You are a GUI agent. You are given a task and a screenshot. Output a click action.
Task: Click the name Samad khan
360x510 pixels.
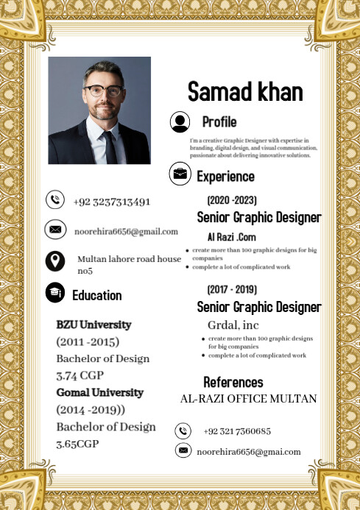[x=245, y=91]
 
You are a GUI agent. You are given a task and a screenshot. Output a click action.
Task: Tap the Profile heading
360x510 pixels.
[x=219, y=122]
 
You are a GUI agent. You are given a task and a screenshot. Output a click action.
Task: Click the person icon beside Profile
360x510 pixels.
[x=180, y=122]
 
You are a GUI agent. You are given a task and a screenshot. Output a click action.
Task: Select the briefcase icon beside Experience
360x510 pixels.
[x=180, y=174]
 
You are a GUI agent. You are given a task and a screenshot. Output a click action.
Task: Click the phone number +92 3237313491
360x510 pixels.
[x=111, y=201]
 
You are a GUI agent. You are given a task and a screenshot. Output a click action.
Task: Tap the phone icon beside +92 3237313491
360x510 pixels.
[x=54, y=199]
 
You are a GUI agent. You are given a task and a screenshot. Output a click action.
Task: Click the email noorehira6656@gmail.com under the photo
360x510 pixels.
[x=126, y=231]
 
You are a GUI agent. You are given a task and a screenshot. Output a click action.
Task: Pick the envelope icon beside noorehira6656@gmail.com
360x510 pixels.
[x=54, y=230]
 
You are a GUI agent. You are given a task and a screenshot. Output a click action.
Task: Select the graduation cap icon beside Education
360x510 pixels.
[x=54, y=293]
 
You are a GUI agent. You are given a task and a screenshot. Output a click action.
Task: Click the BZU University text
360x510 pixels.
[x=93, y=325]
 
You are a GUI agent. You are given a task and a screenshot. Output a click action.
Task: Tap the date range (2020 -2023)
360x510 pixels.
[x=231, y=200]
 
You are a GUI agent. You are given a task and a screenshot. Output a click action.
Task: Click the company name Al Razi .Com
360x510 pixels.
[x=231, y=237]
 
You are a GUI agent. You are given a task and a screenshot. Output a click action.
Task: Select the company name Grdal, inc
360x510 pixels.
[x=233, y=325]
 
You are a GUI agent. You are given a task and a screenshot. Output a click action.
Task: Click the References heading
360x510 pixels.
[x=233, y=382]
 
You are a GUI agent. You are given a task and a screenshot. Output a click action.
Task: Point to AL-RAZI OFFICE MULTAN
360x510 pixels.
[x=248, y=399]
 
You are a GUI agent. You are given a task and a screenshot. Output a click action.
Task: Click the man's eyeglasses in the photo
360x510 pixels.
[x=102, y=91]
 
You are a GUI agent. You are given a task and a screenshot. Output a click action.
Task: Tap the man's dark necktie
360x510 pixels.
[x=110, y=146]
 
